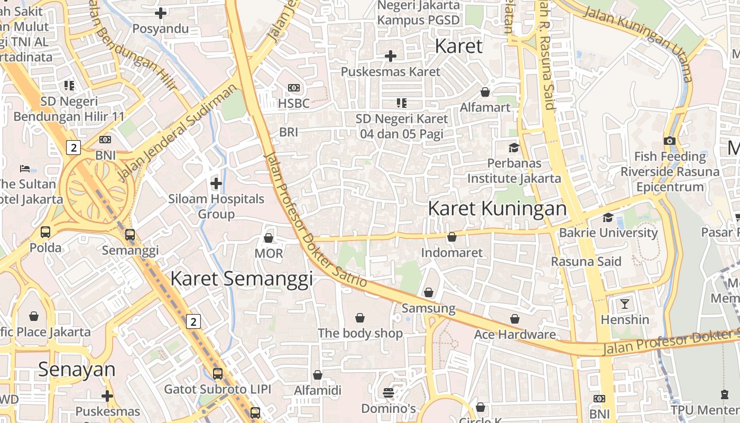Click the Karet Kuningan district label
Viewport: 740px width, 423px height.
tap(497, 208)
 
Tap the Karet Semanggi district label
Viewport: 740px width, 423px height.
tap(242, 279)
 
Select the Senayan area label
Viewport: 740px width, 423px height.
tap(77, 370)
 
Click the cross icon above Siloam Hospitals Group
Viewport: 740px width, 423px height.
tap(216, 183)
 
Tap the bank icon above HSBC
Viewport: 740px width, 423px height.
tap(293, 88)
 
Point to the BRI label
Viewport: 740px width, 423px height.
tap(289, 132)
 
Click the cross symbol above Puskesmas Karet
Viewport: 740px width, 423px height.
tap(390, 56)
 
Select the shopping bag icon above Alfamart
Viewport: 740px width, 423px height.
tap(485, 92)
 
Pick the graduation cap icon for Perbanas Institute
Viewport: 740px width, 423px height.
tap(513, 148)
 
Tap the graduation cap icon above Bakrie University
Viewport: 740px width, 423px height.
tap(608, 217)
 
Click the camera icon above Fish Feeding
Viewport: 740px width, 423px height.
tap(669, 141)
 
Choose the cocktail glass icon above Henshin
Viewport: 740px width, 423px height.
tap(624, 304)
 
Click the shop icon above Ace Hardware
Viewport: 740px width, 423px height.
tap(514, 319)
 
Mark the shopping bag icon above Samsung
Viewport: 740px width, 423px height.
tap(428, 292)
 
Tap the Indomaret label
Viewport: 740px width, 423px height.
tap(451, 253)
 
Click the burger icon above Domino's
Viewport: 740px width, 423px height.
tap(388, 393)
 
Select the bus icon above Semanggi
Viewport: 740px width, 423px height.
tap(129, 235)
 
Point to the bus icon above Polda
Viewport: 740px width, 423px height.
tap(45, 232)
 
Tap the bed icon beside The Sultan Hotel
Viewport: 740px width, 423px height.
tap(25, 169)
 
